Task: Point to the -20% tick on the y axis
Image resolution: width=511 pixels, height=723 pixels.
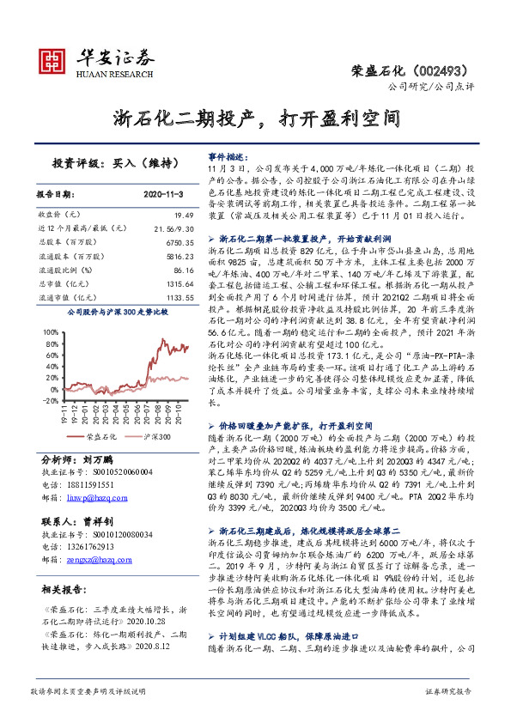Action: pos(50,400)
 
